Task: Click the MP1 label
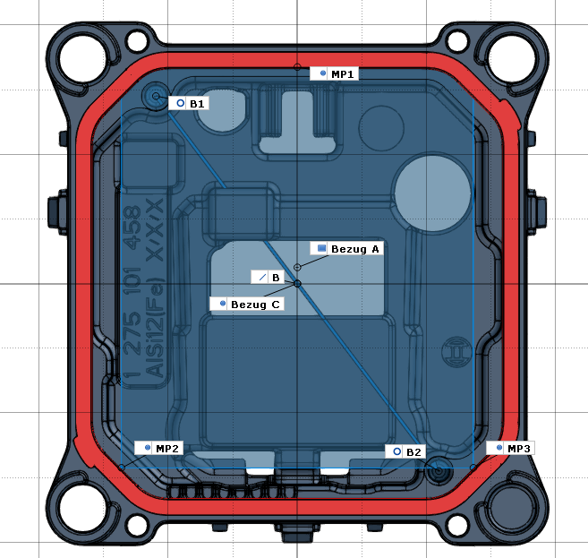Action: tap(334, 73)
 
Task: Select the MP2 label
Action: tap(160, 447)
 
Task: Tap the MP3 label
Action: tap(511, 447)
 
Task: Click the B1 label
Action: tap(191, 104)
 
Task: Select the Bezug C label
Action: tap(248, 305)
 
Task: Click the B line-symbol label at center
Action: tap(269, 279)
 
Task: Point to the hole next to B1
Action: tap(157, 97)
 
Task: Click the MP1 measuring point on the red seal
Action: tap(297, 67)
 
